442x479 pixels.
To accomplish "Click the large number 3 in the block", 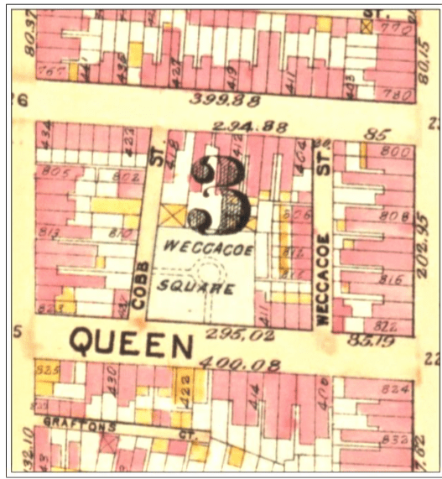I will [x=219, y=195].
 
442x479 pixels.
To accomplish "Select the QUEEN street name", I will [x=131, y=343].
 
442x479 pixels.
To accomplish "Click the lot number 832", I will [x=394, y=439].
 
